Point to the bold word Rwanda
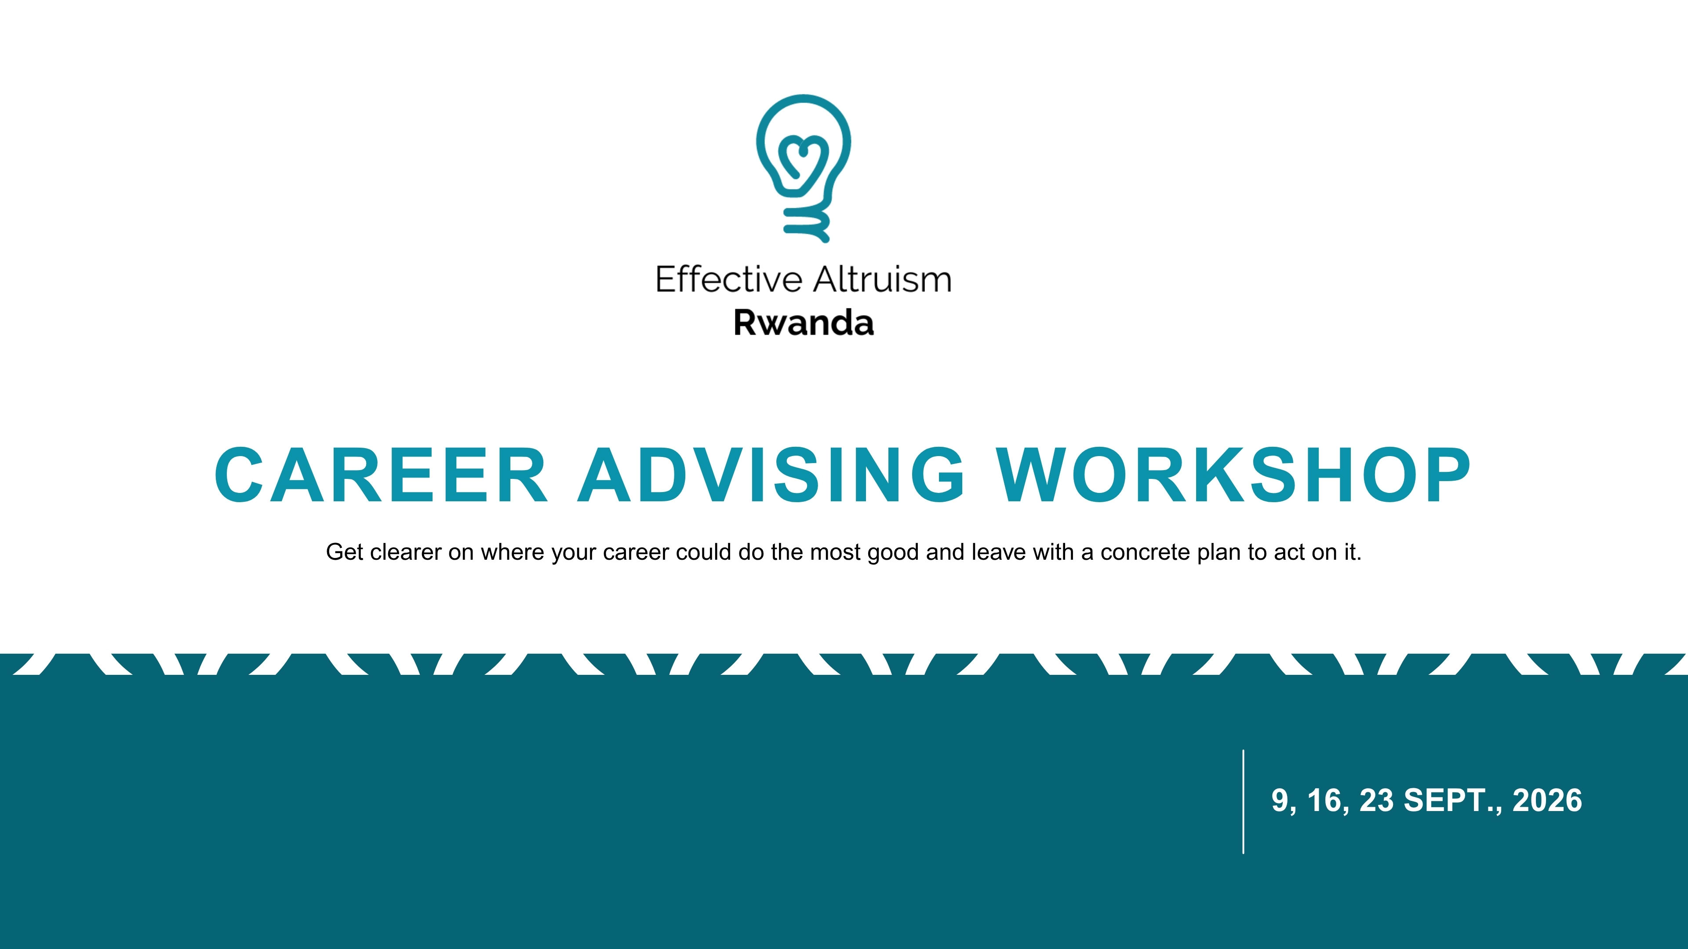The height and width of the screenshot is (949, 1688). (804, 323)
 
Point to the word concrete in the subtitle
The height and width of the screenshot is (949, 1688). (1146, 553)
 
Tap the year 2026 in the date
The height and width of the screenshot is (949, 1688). (1547, 800)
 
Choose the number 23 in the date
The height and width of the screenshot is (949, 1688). (1377, 800)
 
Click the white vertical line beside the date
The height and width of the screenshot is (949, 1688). (1243, 802)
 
